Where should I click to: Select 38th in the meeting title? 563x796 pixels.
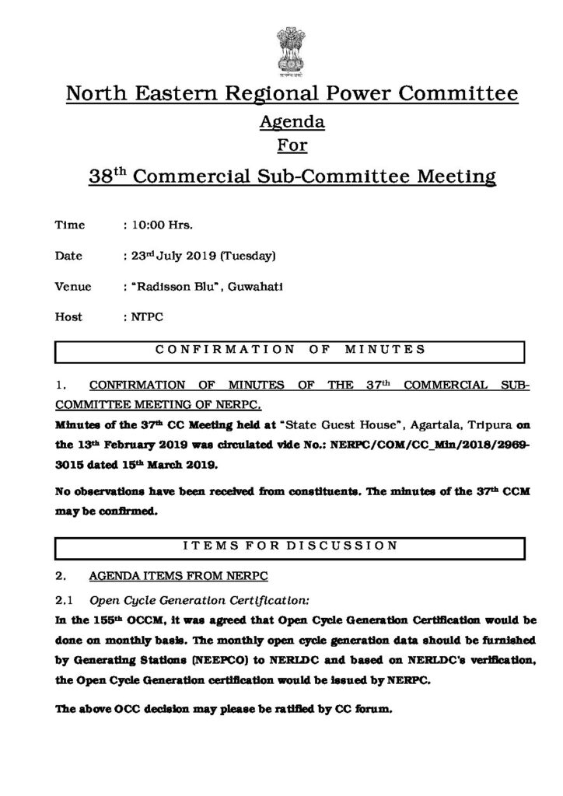click(107, 176)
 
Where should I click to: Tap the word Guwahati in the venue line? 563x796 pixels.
click(257, 286)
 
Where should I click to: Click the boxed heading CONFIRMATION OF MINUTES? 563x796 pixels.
click(291, 350)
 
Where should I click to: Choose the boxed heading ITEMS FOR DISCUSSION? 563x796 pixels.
click(291, 546)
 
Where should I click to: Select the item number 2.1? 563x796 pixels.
click(64, 600)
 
